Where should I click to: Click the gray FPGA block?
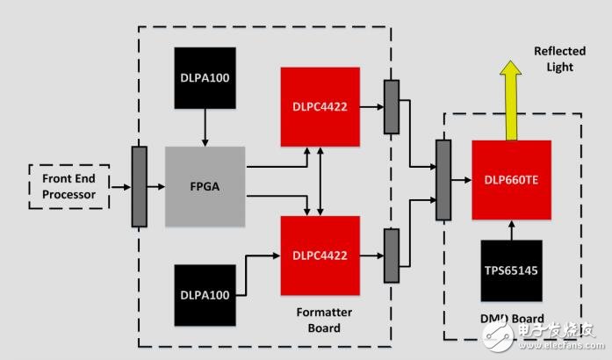tap(205, 186)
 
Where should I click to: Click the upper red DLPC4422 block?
tap(320, 106)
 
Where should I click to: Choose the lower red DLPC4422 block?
tap(320, 256)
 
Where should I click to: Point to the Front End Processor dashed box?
tap(68, 186)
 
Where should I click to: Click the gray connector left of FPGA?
tap(139, 186)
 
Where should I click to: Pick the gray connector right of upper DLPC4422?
tap(391, 107)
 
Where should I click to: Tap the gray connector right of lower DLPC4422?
tap(391, 256)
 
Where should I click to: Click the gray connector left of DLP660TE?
tap(443, 180)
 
